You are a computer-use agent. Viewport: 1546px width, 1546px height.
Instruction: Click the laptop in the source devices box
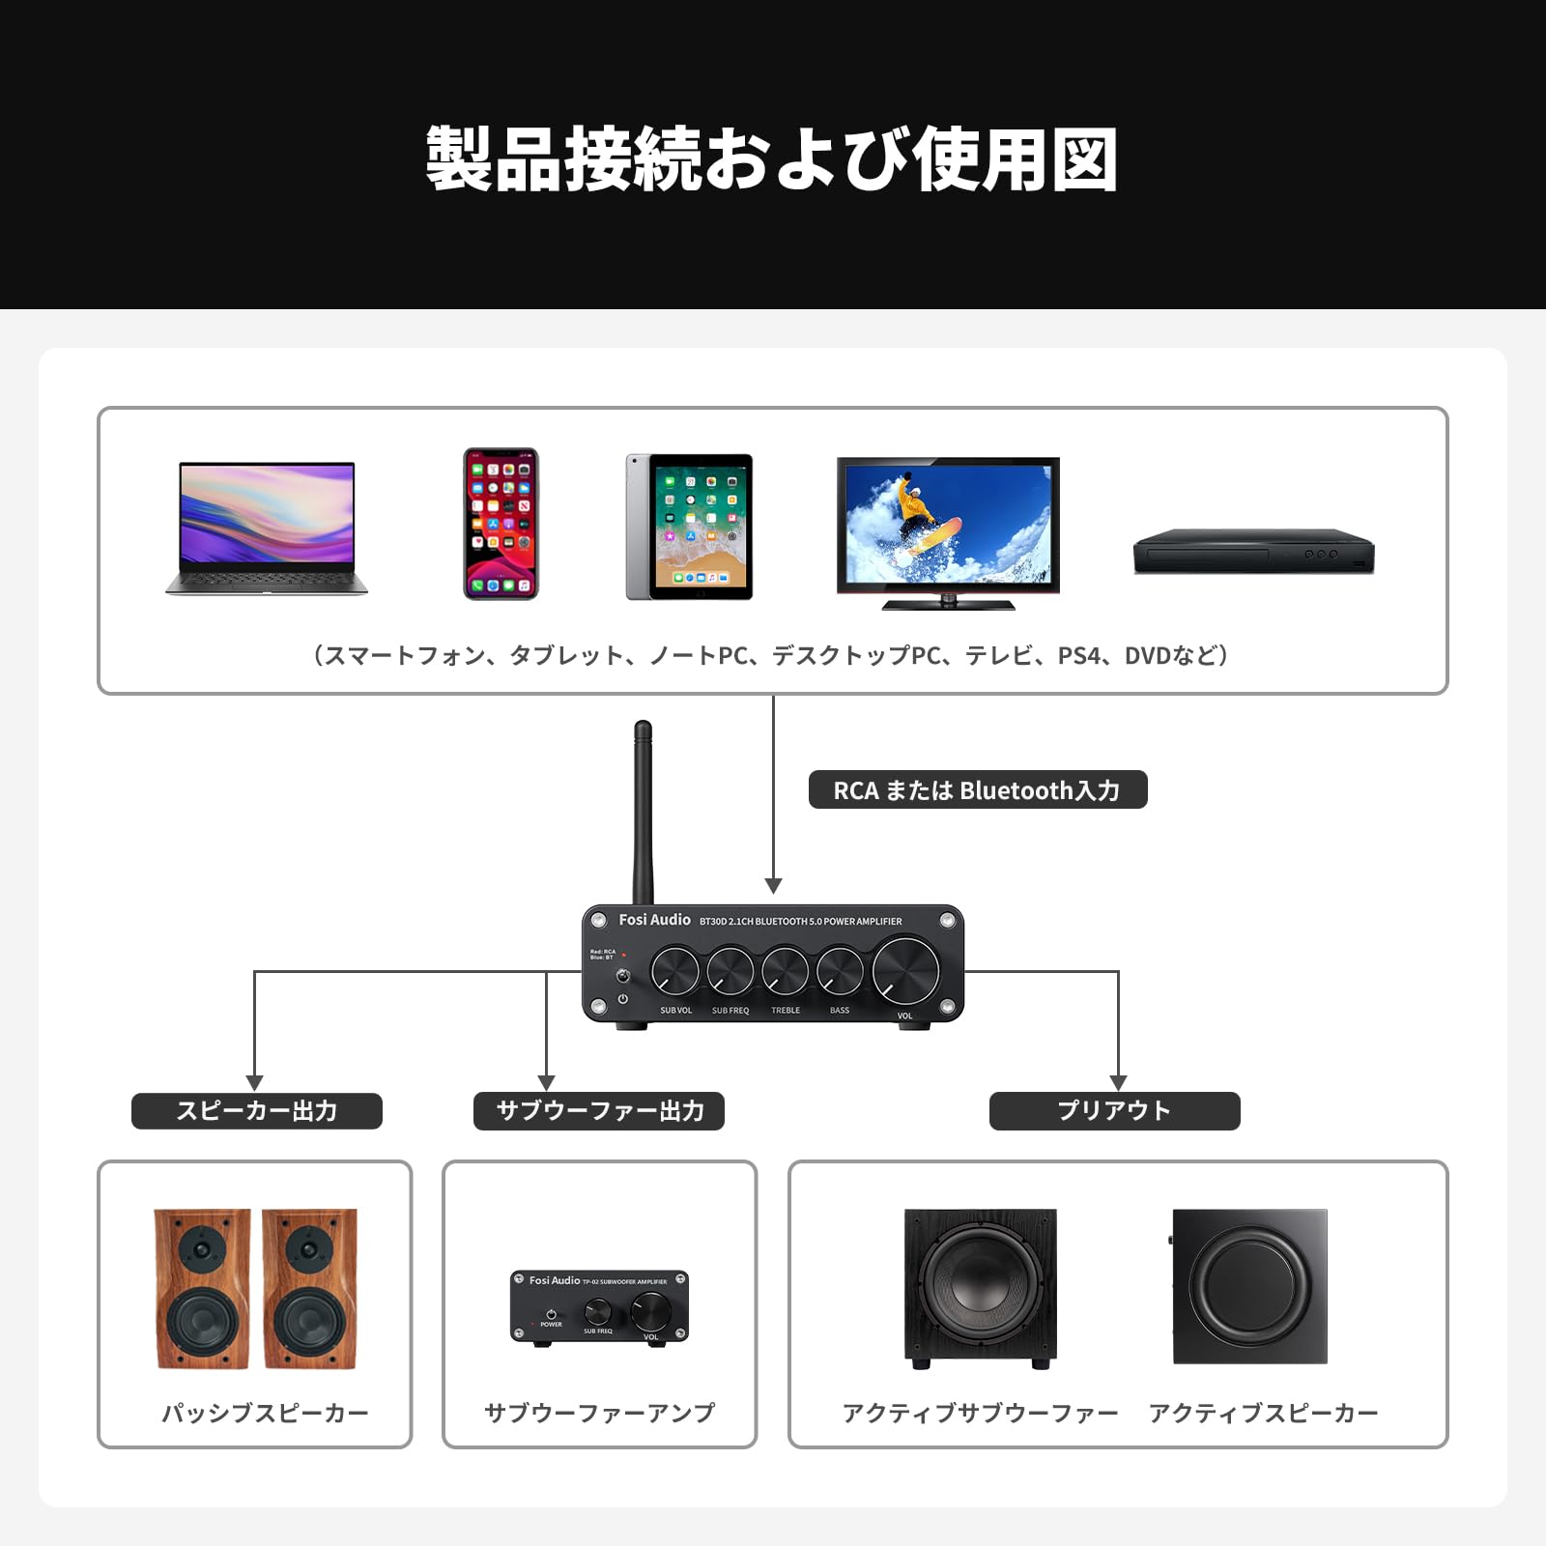pos(267,527)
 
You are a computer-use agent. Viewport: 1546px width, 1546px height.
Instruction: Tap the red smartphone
pos(501,524)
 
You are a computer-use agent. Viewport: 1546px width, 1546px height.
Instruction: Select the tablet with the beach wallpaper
pos(689,527)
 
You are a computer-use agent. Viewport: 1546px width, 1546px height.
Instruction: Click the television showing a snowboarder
pos(948,531)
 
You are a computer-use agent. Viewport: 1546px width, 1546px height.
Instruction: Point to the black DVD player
pos(1253,552)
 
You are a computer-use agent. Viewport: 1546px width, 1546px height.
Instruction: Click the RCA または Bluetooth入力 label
pos(977,790)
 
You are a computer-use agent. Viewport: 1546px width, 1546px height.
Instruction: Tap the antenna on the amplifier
pos(643,812)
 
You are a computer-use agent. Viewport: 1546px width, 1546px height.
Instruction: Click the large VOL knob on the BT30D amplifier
pos(905,970)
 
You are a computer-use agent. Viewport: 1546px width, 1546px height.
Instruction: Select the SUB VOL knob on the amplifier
pos(675,971)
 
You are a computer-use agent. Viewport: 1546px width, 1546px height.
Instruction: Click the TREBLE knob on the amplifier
pos(785,971)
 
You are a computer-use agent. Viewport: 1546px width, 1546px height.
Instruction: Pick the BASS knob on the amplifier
pos(840,971)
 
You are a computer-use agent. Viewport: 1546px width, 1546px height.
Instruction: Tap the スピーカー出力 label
pos(257,1111)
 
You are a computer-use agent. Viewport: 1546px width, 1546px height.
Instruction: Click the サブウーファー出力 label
pos(599,1111)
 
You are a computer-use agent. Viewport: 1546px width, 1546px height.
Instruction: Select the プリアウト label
pos(1114,1111)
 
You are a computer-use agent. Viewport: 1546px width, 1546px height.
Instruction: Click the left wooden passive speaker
pos(202,1288)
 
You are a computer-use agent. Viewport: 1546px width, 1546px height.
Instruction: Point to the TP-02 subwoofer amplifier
pos(599,1307)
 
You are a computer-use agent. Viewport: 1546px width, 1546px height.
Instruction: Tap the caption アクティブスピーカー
pos(1263,1413)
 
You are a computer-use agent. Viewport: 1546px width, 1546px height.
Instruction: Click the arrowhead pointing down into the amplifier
pos(773,886)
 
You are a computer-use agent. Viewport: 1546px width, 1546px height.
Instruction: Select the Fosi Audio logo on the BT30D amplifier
pos(654,920)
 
